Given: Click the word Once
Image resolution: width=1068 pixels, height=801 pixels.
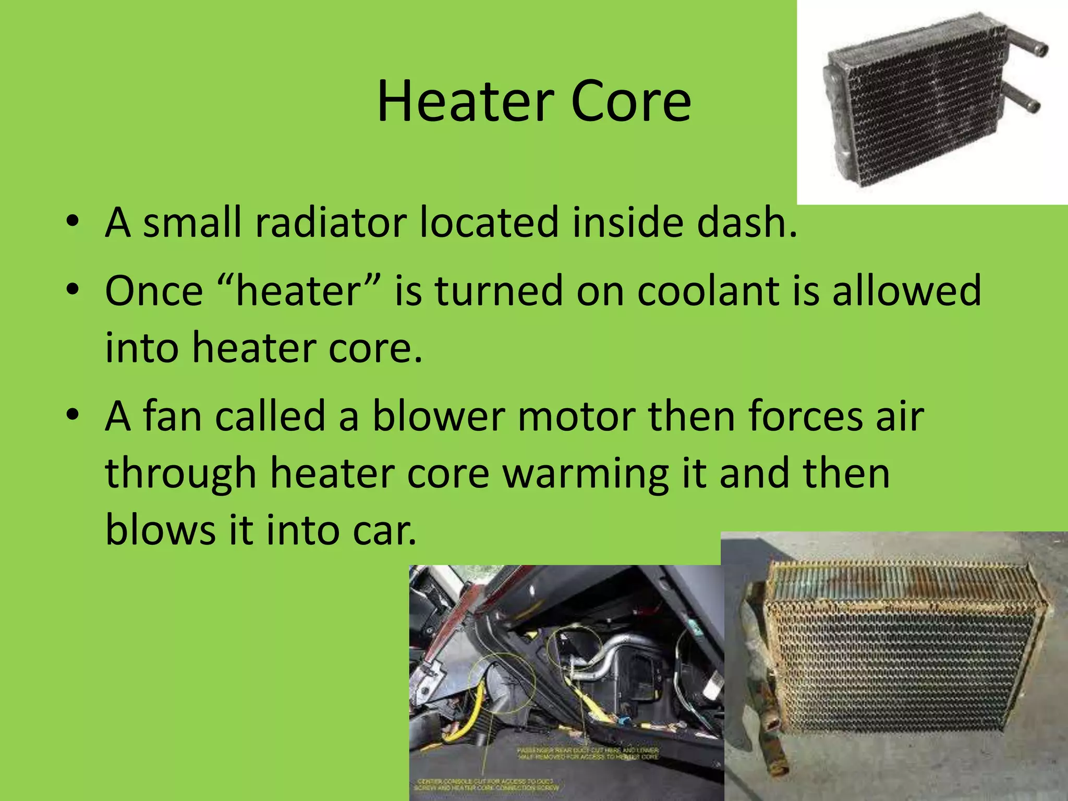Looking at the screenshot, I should pos(154,291).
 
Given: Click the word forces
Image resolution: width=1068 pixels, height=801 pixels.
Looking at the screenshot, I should pos(805,417).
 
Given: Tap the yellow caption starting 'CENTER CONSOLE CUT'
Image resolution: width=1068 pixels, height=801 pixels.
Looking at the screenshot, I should pos(488,784).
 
